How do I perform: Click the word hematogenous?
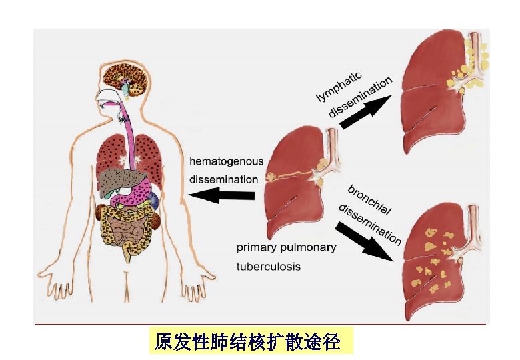point(226,161)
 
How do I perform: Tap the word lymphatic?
point(339,86)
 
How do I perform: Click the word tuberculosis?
point(269,267)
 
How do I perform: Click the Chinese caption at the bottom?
point(247,343)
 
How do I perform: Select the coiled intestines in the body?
point(126,231)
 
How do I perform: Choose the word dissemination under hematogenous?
point(223,179)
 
